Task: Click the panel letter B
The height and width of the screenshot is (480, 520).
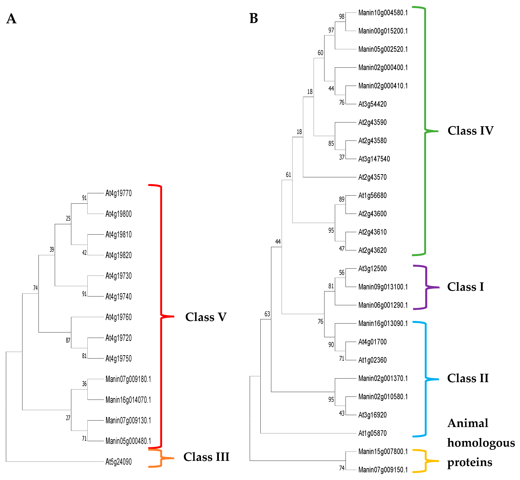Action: [253, 18]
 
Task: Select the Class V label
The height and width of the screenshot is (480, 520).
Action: [206, 317]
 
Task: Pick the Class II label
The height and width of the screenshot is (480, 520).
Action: [468, 378]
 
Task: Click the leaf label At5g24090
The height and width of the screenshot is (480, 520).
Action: [119, 462]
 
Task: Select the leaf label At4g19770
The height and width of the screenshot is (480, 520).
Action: [119, 193]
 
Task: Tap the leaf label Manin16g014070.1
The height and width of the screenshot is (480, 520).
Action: [128, 400]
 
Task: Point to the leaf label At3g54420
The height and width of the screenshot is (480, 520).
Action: [372, 104]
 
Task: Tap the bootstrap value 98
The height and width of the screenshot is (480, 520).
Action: [342, 17]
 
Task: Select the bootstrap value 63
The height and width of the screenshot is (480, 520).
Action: [267, 314]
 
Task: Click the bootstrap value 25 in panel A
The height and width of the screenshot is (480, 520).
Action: [68, 218]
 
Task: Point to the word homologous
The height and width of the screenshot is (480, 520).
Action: [481, 443]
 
